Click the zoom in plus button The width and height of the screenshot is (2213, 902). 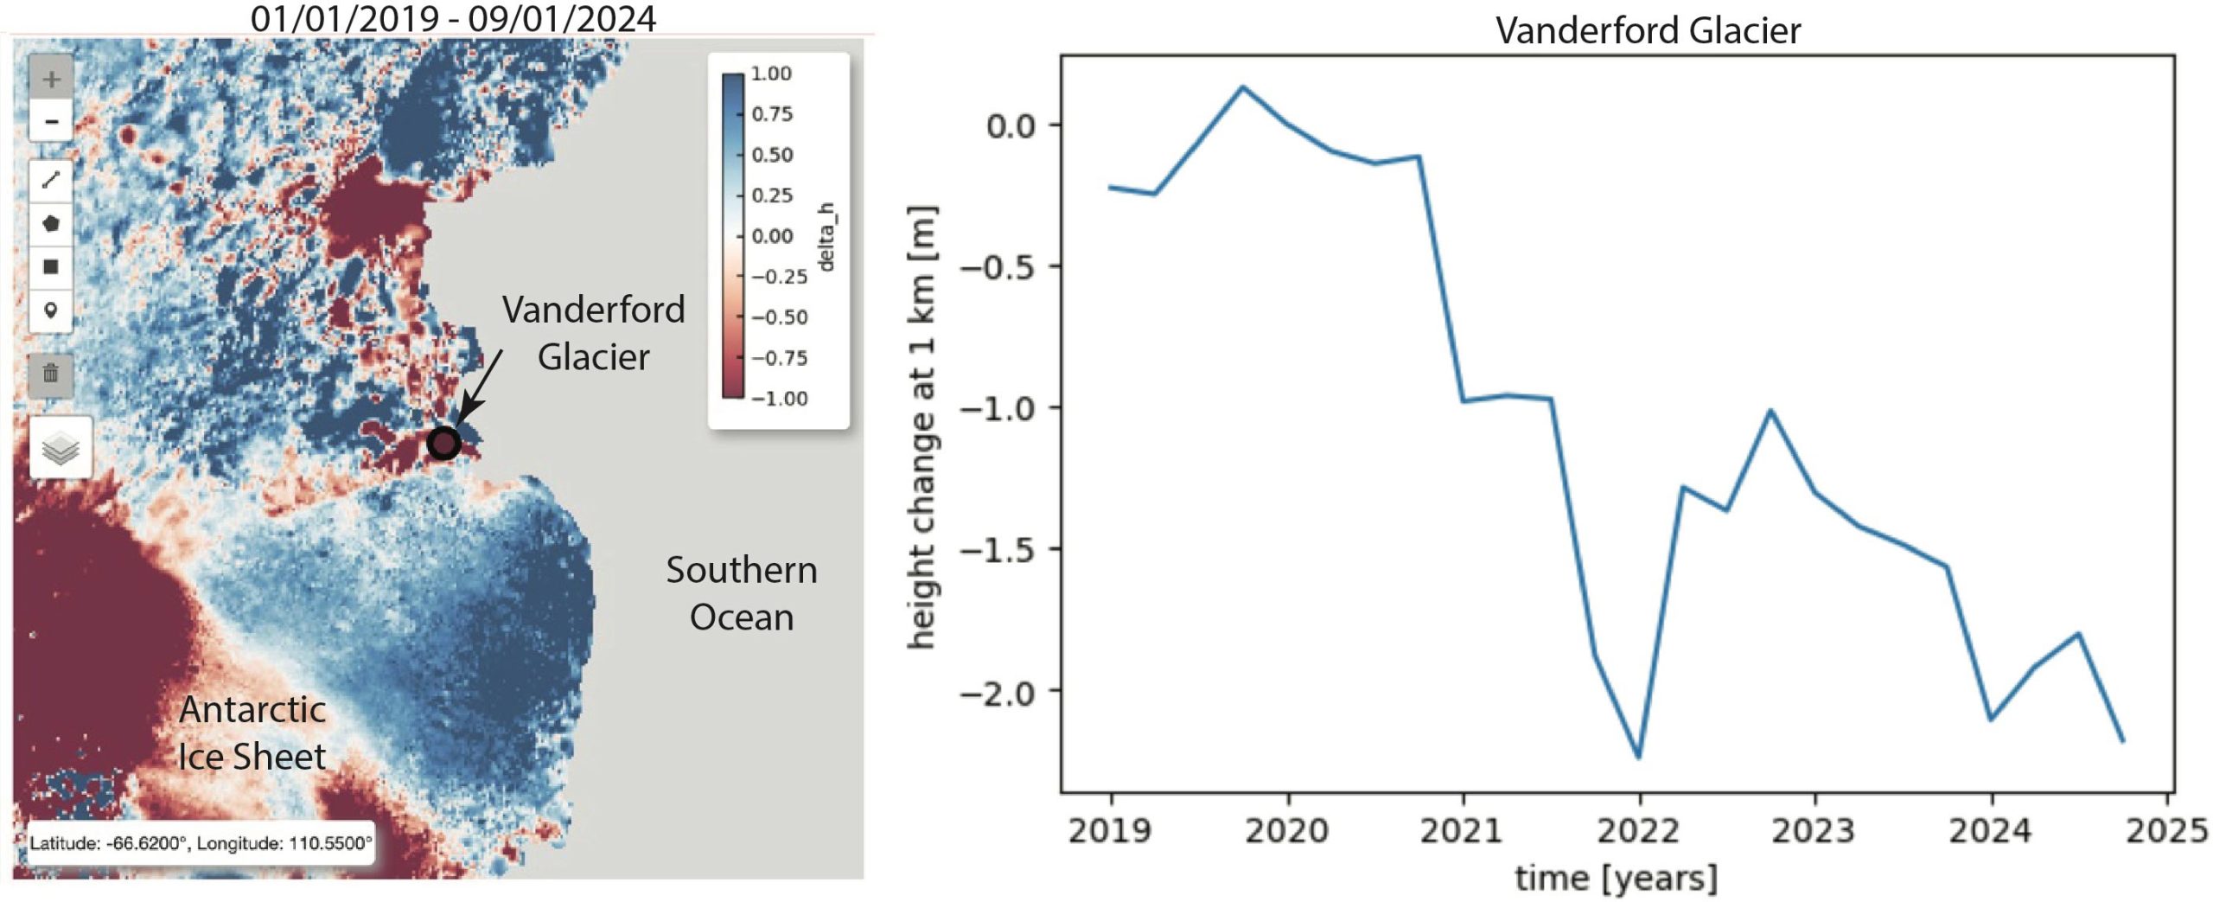51,80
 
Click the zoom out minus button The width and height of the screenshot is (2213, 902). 51,121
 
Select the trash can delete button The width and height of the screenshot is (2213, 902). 51,374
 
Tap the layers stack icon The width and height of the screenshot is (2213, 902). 61,448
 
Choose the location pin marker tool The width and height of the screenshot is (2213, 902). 51,310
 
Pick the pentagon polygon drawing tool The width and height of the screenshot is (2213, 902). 51,224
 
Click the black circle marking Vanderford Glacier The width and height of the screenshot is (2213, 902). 443,444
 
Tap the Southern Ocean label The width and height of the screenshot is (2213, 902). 741,593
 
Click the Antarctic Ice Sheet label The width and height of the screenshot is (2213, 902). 252,732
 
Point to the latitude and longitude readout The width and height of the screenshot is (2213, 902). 201,843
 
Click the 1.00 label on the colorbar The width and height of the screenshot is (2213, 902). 771,74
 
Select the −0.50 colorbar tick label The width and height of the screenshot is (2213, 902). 778,317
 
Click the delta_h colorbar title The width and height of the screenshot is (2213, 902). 826,236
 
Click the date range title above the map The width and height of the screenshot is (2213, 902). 453,19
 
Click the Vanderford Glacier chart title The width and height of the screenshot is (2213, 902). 1648,31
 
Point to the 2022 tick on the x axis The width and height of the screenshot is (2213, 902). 1638,830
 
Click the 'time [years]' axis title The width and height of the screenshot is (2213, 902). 1616,878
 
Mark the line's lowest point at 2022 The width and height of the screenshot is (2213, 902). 1639,758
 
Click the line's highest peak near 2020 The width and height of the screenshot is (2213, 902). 1243,86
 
